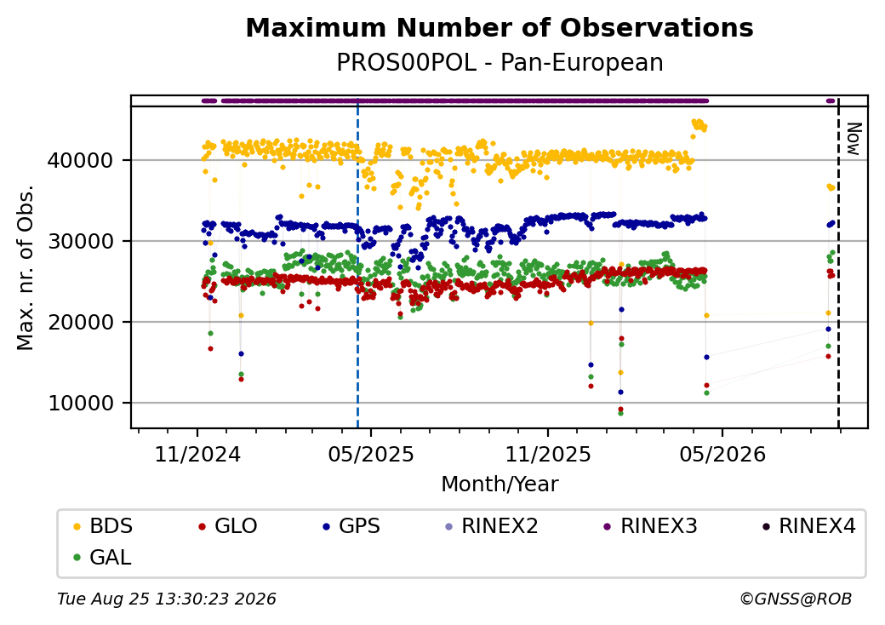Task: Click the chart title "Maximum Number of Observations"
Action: point(500,27)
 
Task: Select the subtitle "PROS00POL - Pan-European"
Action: point(500,62)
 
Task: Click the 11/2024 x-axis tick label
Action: point(197,454)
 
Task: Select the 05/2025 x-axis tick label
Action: point(371,454)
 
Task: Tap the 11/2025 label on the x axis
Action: point(547,454)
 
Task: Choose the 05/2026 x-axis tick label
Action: point(722,454)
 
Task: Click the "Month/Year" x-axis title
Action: point(500,484)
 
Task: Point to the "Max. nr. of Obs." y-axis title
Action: point(26,267)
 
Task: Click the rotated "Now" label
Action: point(854,139)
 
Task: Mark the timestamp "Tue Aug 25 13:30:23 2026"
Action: point(167,599)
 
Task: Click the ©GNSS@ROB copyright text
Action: point(796,599)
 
